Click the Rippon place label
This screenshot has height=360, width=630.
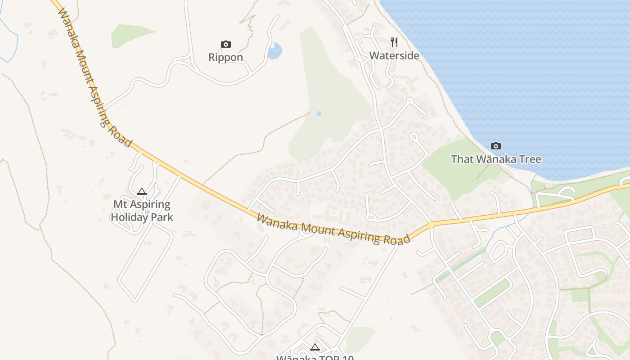pyautogui.click(x=225, y=58)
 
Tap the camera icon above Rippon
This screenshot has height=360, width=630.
pyautogui.click(x=226, y=44)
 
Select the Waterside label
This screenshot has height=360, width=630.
pyautogui.click(x=394, y=56)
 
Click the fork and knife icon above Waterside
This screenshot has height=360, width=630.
pyautogui.click(x=394, y=42)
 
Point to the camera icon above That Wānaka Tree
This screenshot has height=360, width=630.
pyautogui.click(x=496, y=146)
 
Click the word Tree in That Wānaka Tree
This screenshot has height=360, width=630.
pyautogui.click(x=530, y=159)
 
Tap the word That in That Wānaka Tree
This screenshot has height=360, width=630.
pyautogui.click(x=462, y=159)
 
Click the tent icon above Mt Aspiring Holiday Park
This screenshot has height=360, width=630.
pyautogui.click(x=142, y=192)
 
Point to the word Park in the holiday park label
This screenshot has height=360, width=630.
pyautogui.click(x=162, y=217)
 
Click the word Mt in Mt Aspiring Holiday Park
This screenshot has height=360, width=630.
pyautogui.click(x=119, y=204)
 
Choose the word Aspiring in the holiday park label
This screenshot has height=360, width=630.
pyautogui.click(x=149, y=205)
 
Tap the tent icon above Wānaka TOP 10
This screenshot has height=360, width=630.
pyautogui.click(x=315, y=347)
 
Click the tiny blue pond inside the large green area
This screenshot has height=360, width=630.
pyautogui.click(x=319, y=113)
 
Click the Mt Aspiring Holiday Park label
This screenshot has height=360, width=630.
pyautogui.click(x=142, y=211)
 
